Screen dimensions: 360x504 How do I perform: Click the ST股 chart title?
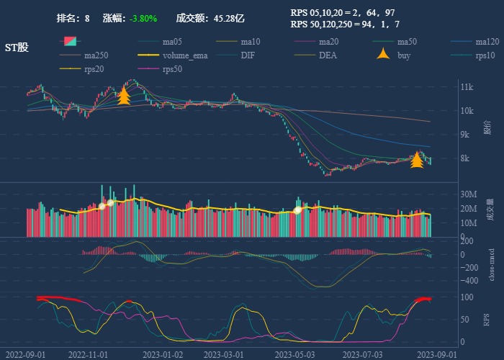pos(17,48)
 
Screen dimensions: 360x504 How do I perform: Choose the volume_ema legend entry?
pos(185,55)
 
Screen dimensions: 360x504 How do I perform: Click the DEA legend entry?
pos(328,55)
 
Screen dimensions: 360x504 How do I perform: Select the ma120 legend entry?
pos(487,42)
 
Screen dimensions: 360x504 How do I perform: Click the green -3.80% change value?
pos(143,18)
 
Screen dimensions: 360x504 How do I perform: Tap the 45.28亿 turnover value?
pos(229,18)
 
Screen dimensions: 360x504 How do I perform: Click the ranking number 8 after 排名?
pos(87,18)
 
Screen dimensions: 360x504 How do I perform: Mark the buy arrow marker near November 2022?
pos(123,96)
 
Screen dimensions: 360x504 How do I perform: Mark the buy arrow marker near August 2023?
pos(417,160)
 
